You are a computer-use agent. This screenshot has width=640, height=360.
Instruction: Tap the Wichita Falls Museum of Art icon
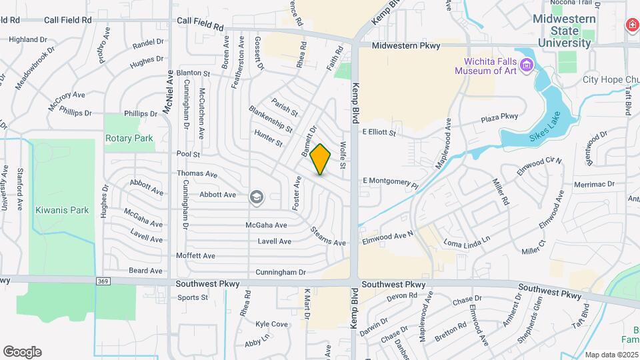point(527,65)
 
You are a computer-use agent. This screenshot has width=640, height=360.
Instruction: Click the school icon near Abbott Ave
point(256,197)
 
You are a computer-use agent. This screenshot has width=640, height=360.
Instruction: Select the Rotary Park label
point(129,139)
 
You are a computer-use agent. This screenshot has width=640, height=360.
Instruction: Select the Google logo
point(22,352)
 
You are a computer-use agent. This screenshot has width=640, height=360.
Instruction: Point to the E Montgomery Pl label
point(390,181)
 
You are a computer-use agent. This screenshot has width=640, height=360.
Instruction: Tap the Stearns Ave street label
point(328,236)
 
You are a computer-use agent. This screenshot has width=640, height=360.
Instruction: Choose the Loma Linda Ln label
point(467,239)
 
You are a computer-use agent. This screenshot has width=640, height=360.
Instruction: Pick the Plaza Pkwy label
point(500,117)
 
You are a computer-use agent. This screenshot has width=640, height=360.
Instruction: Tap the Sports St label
point(193,297)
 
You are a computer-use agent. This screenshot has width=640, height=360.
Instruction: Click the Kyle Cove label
point(271,324)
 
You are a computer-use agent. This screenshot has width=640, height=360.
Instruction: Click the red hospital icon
point(631,25)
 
